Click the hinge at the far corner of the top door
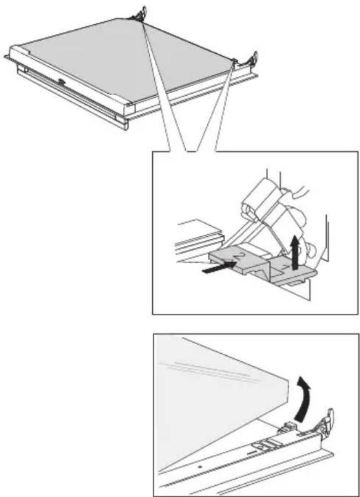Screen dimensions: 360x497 point(139,14)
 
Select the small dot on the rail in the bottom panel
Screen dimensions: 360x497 point(200,467)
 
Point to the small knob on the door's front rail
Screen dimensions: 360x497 point(61,82)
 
